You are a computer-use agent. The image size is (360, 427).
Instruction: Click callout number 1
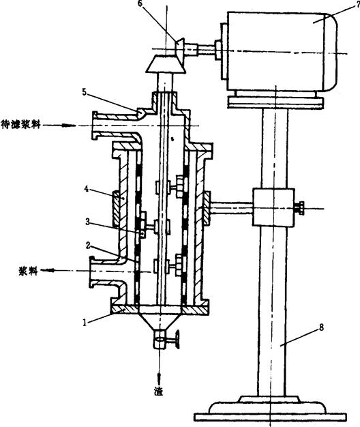85,323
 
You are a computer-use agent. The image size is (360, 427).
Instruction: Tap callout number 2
88,246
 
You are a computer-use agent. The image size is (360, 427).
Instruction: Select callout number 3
87,222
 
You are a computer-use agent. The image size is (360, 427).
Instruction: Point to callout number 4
87,188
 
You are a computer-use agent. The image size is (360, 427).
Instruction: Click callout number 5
85,92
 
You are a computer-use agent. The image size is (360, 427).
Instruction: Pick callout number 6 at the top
140,5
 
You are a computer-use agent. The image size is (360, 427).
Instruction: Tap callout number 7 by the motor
357,5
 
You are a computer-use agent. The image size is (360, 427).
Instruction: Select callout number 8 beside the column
321,327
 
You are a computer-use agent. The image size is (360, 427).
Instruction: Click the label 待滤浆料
20,125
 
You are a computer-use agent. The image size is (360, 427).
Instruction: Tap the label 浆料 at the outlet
28,271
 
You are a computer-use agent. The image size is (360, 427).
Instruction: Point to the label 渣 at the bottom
158,392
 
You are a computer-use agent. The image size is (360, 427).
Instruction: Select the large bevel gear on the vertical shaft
166,63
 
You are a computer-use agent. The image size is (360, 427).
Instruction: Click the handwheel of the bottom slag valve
177,339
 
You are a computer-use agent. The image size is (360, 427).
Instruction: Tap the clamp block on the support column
273,207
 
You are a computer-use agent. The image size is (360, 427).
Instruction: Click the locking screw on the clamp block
299,208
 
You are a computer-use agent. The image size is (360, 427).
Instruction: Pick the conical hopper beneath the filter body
160,322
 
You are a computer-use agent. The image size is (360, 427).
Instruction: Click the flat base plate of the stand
270,417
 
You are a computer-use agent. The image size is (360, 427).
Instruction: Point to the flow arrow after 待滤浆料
59,126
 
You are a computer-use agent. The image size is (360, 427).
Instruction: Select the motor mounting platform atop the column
275,102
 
